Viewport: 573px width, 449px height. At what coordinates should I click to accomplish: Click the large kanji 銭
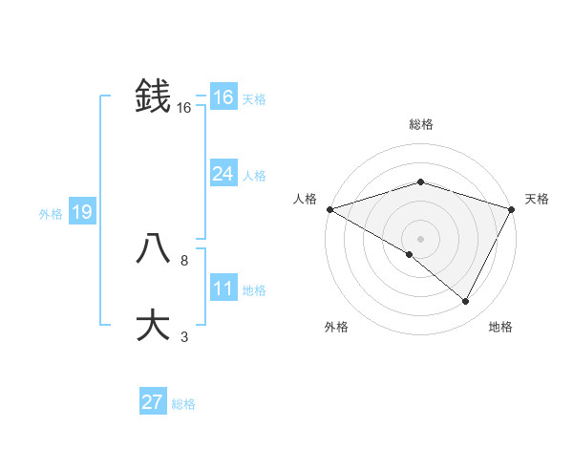[153, 96]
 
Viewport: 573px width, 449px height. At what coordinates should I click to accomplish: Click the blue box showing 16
[223, 97]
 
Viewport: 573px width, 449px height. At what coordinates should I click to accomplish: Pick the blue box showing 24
[223, 174]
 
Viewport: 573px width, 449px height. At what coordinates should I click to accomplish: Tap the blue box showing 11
[223, 289]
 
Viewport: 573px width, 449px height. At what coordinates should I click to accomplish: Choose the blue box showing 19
[82, 212]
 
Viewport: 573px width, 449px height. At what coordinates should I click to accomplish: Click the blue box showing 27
[153, 402]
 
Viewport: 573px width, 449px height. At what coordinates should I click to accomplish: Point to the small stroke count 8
[183, 260]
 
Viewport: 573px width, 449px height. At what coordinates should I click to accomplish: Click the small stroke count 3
[183, 336]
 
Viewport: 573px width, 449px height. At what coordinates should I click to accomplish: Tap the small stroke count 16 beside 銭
[183, 108]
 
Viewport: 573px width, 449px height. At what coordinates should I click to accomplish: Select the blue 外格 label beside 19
[51, 214]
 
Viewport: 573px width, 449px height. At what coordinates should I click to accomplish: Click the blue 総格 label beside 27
[183, 404]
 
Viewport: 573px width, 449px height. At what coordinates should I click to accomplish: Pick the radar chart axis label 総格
[420, 124]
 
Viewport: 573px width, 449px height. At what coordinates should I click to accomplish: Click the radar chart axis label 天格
[537, 199]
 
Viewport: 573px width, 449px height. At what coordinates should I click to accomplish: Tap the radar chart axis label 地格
[500, 327]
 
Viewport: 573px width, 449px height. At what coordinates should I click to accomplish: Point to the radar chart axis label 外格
[336, 327]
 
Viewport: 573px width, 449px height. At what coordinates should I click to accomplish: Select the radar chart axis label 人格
[305, 199]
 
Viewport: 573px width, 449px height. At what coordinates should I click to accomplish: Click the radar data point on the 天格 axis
[512, 208]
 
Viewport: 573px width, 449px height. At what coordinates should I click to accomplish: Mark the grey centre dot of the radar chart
[420, 238]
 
